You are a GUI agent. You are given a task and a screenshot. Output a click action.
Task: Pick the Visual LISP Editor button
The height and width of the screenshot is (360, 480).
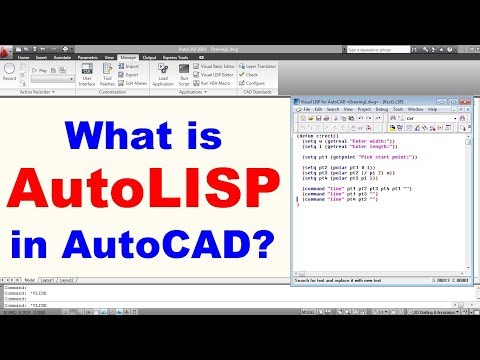(x=222, y=74)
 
